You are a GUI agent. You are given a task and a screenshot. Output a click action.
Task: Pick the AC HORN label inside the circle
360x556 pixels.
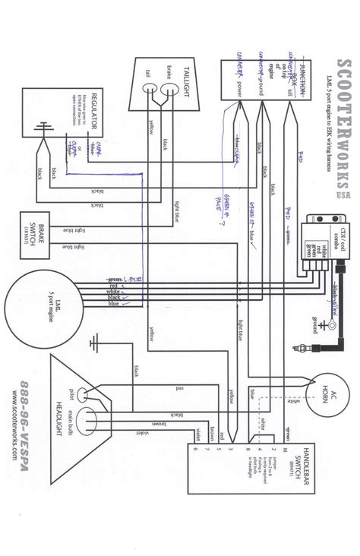(333, 390)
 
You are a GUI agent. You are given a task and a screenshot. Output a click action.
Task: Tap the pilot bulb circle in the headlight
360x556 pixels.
(86, 393)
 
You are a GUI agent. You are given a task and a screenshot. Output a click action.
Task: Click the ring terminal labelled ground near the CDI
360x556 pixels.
(332, 326)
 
